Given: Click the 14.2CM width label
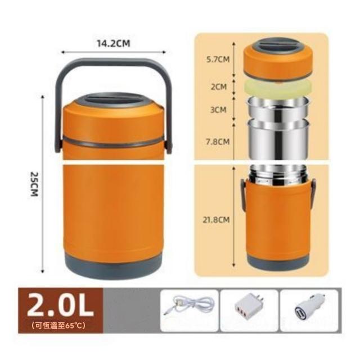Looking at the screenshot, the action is [x=113, y=43].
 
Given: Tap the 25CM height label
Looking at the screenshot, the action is [x=34, y=184].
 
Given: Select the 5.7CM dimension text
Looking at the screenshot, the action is [x=218, y=59].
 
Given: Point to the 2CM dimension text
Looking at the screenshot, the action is [x=219, y=87].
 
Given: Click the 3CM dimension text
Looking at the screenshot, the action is [x=218, y=110].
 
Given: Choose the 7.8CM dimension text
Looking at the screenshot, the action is [x=218, y=142].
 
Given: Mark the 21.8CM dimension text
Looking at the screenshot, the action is [x=216, y=220].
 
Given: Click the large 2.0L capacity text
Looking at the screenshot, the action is [x=60, y=305].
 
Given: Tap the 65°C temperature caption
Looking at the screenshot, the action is [x=58, y=325].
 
